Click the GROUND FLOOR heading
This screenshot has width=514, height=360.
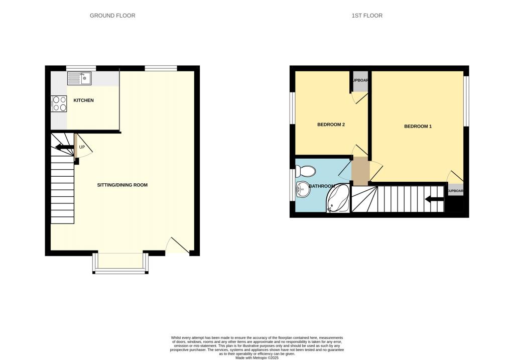tap(112, 16)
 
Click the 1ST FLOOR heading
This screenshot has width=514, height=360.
tap(367, 16)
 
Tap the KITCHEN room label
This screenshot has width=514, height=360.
tap(83, 100)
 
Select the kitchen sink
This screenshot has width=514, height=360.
tap(79, 79)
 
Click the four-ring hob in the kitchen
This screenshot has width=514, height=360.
tap(60, 103)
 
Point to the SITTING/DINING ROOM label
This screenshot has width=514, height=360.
tap(122, 185)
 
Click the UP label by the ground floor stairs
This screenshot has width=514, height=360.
tap(82, 147)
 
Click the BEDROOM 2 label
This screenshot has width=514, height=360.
tap(331, 125)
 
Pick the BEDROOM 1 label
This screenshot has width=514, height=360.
tap(418, 127)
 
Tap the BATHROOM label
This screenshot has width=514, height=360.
tap(322, 186)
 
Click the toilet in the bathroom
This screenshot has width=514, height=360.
tap(306, 172)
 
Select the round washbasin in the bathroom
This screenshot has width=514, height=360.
tap(303, 190)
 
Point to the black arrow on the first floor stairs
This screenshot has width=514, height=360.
tap(434, 200)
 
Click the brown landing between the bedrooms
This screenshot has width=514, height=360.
tap(360, 171)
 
